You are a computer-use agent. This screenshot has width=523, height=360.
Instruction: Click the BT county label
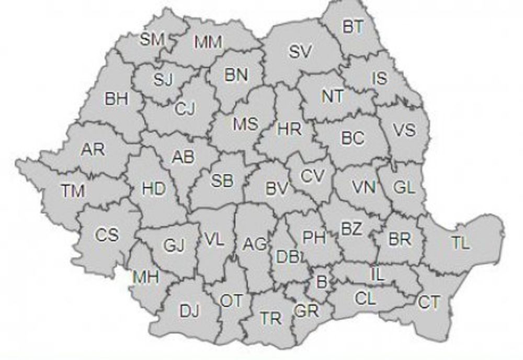[x=353, y=27]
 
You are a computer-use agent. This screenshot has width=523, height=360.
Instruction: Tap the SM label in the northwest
[x=152, y=39]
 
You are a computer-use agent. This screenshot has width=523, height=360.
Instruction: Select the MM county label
[x=208, y=42]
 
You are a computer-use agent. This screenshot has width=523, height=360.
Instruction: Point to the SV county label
[x=300, y=51]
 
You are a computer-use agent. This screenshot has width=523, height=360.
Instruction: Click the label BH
[x=117, y=99]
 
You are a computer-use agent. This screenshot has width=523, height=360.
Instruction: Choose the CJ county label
[x=185, y=109]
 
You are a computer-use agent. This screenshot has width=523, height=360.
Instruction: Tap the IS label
[x=380, y=78]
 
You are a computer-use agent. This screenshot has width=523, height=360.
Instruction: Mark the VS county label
[x=404, y=130]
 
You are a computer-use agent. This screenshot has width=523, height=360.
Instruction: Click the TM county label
[x=73, y=191]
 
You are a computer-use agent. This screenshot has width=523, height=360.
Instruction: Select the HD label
[x=154, y=189]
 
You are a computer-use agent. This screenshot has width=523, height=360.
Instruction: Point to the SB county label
[x=222, y=180]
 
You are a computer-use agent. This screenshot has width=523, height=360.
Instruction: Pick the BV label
[x=277, y=189]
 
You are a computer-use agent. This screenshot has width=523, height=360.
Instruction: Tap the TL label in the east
[x=461, y=243]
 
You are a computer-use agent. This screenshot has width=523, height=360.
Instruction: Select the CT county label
[x=429, y=302]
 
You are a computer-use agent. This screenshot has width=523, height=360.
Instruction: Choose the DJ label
[x=189, y=311]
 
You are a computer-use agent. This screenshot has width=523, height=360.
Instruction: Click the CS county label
[x=107, y=235]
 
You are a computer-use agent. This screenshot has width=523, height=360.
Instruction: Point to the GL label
[x=404, y=188]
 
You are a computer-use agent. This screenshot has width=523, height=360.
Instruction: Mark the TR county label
[x=271, y=318]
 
